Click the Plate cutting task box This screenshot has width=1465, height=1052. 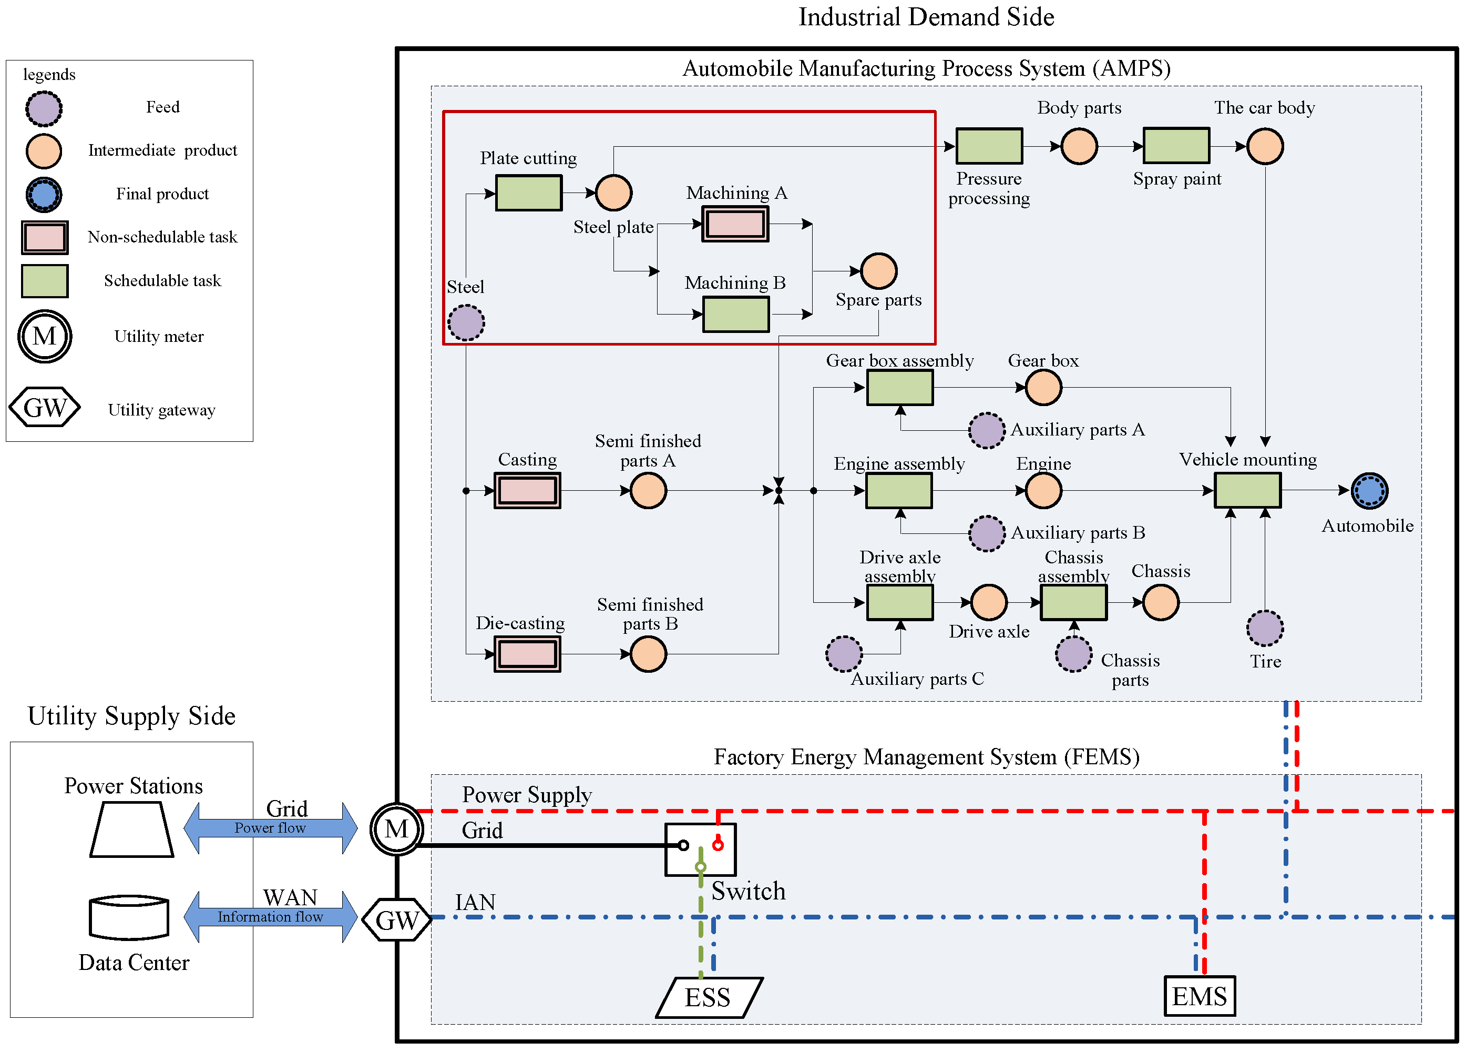(x=528, y=193)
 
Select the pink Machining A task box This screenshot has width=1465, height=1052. (x=735, y=224)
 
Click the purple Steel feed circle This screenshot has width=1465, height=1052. (x=466, y=322)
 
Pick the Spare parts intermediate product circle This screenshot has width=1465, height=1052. (x=878, y=271)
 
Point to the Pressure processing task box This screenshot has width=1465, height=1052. (x=988, y=146)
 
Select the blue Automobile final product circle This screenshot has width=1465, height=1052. (x=1369, y=490)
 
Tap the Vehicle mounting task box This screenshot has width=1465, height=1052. (x=1247, y=490)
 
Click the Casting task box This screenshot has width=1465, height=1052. (x=527, y=490)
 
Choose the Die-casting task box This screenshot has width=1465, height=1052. (x=527, y=654)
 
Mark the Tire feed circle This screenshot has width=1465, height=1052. (x=1264, y=628)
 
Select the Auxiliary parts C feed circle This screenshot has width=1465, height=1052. (x=844, y=654)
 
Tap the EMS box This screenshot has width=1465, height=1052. (x=1199, y=996)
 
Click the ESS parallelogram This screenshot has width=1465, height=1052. (x=709, y=997)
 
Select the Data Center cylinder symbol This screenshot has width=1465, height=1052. (x=129, y=917)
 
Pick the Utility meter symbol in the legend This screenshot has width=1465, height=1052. (x=45, y=336)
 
